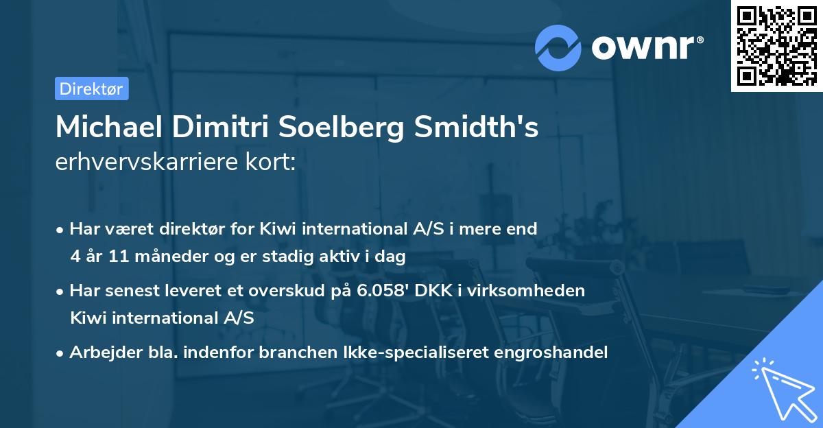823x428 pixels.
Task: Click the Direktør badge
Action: pyautogui.click(x=91, y=88)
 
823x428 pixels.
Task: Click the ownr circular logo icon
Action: pyautogui.click(x=558, y=48)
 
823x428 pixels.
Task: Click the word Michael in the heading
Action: pyautogui.click(x=106, y=128)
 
